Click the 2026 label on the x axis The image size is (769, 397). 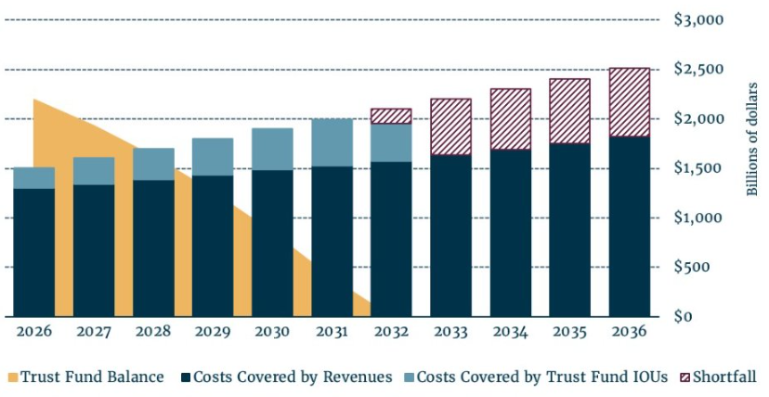point(33,331)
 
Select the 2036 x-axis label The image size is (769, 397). point(629,331)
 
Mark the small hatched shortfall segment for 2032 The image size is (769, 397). point(390,116)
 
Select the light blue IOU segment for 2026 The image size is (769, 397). point(33,178)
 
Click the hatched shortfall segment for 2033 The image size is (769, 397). point(450,126)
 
